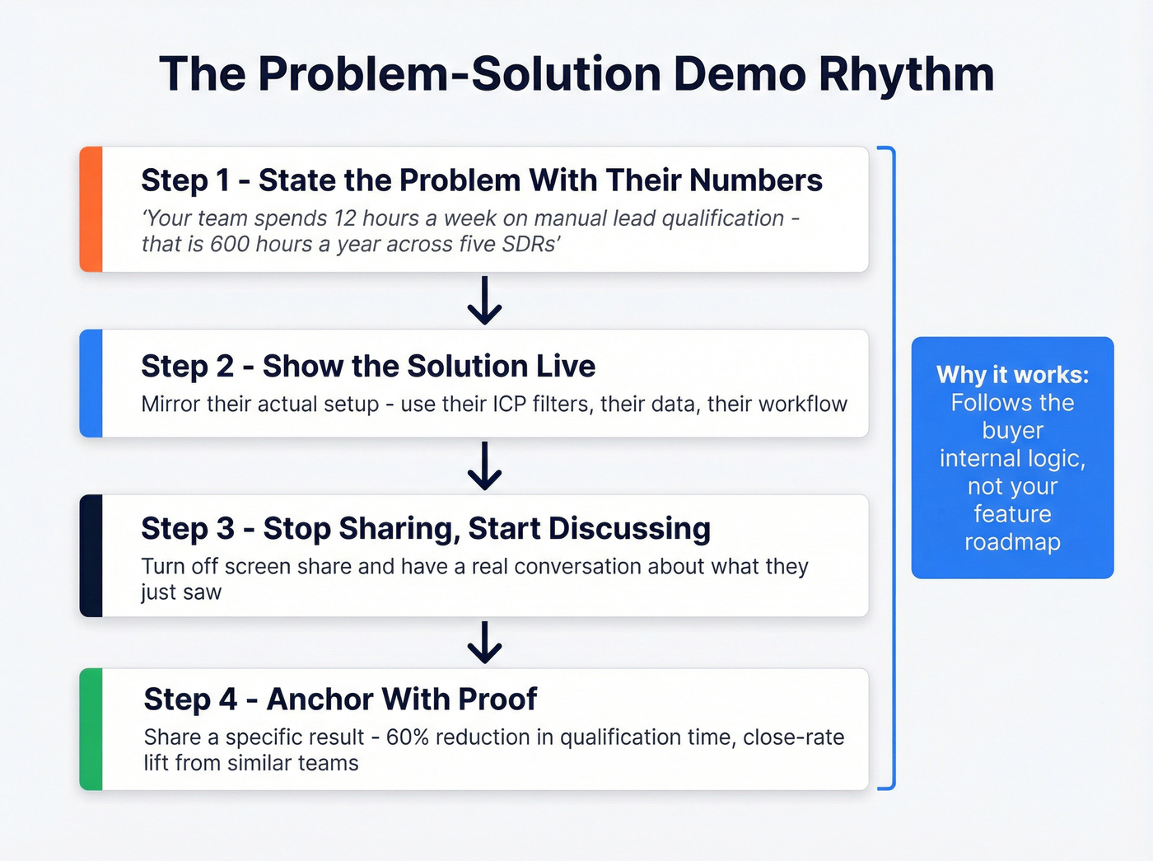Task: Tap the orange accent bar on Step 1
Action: point(91,209)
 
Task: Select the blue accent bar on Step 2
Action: point(91,383)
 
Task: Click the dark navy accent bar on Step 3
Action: point(91,555)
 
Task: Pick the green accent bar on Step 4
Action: point(91,729)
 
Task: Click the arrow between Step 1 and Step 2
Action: point(484,301)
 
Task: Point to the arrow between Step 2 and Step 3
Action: point(484,466)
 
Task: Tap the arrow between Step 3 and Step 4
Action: point(484,643)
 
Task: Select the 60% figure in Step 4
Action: point(408,737)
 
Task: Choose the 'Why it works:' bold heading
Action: point(1012,375)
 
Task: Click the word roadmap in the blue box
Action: point(1012,542)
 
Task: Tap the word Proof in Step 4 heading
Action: point(497,700)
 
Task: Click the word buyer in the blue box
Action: point(1012,431)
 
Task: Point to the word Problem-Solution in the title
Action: point(460,74)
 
